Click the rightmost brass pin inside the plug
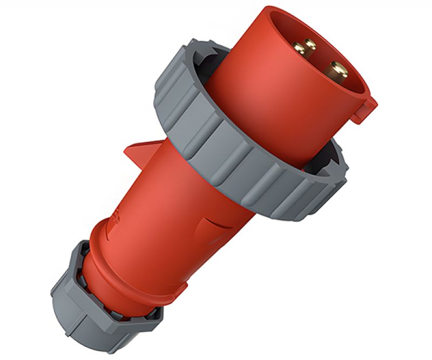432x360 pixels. (339, 69)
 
